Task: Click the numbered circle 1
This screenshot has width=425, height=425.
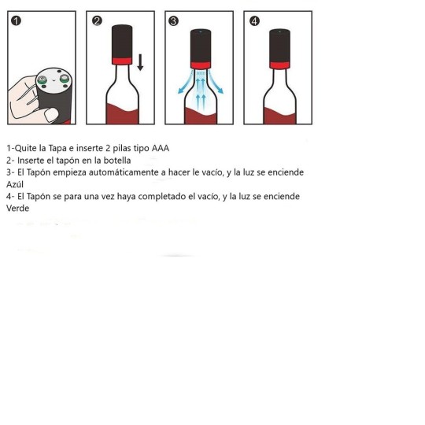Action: pos(17,21)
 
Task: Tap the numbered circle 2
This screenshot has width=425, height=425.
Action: pos(97,21)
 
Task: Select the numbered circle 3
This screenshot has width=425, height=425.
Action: pos(175,21)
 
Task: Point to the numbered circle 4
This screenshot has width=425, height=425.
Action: pos(253,21)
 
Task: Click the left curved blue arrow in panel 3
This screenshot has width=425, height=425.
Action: pos(183,83)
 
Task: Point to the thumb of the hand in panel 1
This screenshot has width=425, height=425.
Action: pos(52,115)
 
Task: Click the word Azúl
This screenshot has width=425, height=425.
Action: pos(16,184)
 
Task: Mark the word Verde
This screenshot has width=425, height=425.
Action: pos(17,209)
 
